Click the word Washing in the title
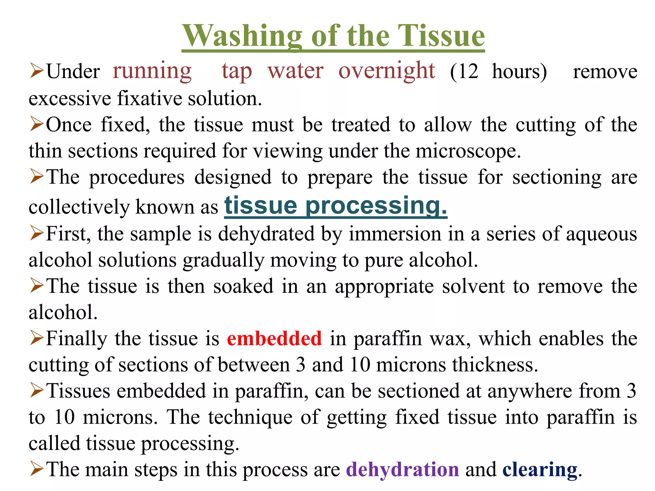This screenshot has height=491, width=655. tap(242, 36)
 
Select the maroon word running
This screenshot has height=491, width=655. tap(152, 71)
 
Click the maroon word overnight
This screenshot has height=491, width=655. tap(387, 71)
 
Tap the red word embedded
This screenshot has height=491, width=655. tap(274, 339)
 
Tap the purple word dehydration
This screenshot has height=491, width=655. tap(402, 470)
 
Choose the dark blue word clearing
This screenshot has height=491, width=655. tap(540, 470)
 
